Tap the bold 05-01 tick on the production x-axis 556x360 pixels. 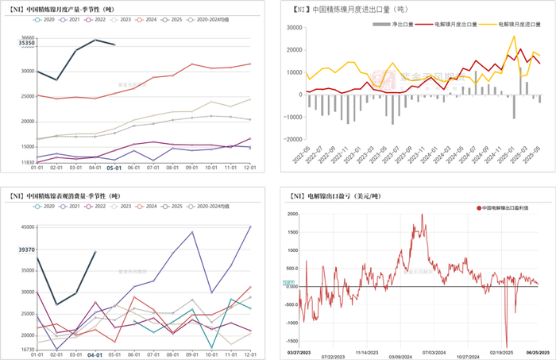(114, 168)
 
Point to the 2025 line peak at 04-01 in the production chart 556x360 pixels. (95, 39)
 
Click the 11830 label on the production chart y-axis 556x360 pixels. (24, 161)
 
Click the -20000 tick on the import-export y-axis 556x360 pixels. (293, 139)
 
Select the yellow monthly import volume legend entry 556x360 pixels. (520, 25)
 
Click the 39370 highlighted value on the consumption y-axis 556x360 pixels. (22, 250)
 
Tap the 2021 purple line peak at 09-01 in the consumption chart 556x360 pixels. (192, 232)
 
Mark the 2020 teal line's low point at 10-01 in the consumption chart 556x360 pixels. (212, 348)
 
